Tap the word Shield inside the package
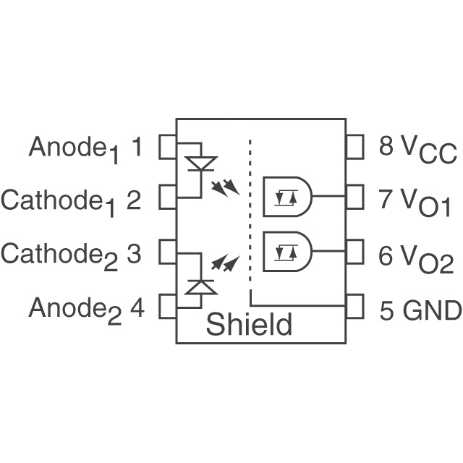pos(249,325)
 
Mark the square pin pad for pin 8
pos(354,147)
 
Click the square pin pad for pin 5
pos(354,306)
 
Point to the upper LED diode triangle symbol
pos(200,163)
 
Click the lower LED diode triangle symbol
pos(200,286)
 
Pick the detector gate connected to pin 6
pos(287,251)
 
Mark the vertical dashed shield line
pos(250,217)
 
